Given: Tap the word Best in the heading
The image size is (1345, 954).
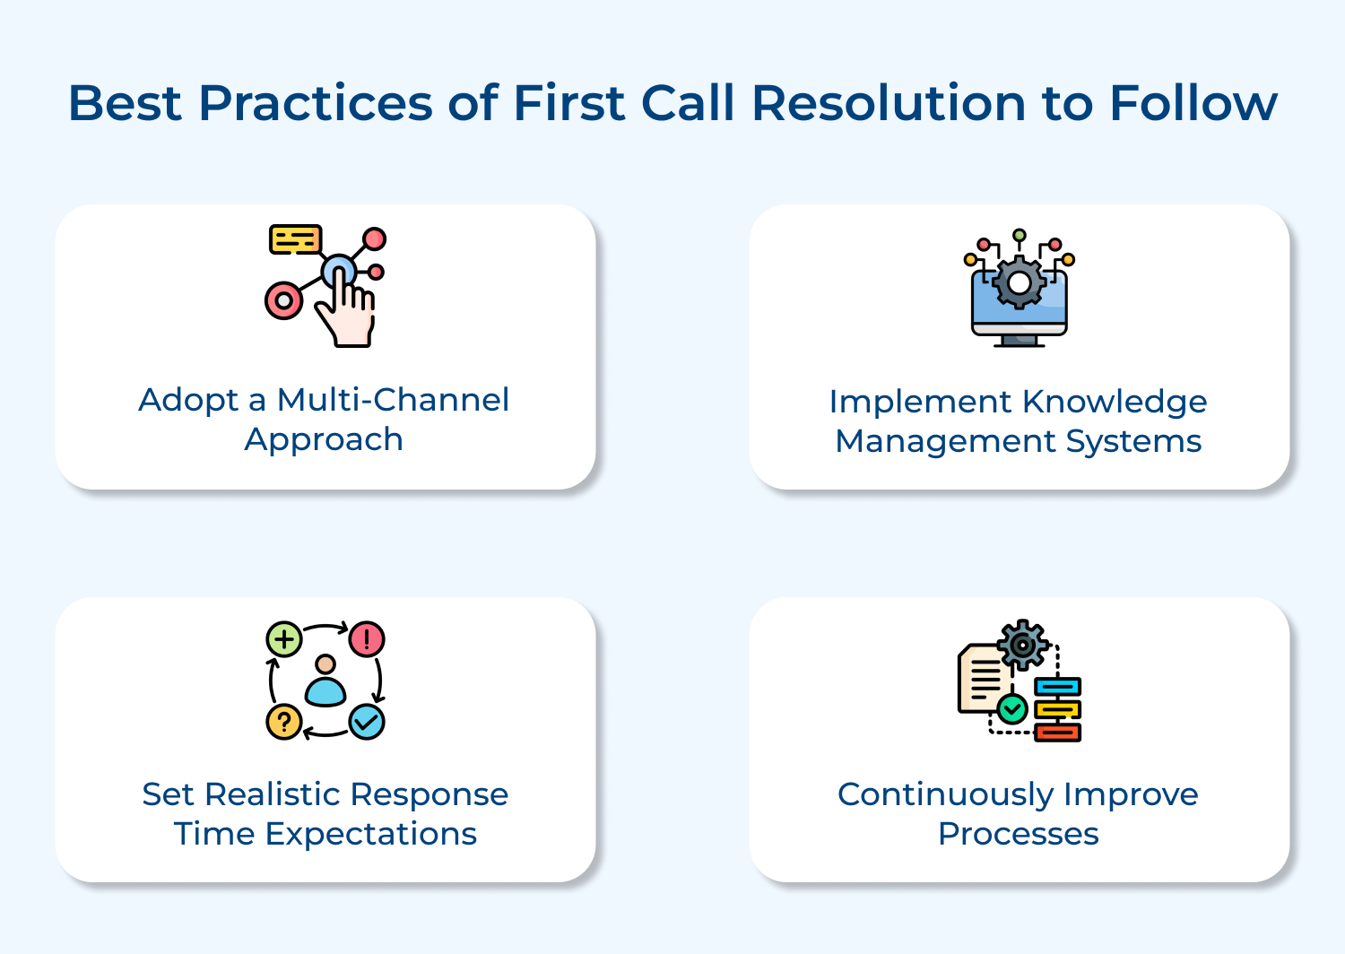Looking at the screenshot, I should tap(126, 103).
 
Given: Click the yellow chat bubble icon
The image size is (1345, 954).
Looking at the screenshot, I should tap(295, 239).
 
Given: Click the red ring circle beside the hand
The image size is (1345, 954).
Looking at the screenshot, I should tap(283, 301).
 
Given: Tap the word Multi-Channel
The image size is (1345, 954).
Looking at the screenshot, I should tap(393, 400).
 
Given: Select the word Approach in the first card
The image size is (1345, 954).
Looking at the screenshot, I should tap(324, 439).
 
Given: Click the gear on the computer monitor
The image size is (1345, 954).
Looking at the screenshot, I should tap(1020, 282).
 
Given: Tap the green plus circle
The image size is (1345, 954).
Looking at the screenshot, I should tap(284, 640).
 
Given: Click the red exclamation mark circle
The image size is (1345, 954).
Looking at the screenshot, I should tap(367, 639).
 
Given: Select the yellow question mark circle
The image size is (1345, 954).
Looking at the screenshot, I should tap(284, 722).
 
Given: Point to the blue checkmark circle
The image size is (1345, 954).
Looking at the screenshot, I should tap(367, 721).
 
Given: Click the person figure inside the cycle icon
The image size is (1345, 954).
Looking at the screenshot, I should tap(325, 681).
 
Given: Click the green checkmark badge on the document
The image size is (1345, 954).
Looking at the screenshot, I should tap(1012, 709).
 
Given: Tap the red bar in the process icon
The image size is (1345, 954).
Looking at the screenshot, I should tap(1058, 733).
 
